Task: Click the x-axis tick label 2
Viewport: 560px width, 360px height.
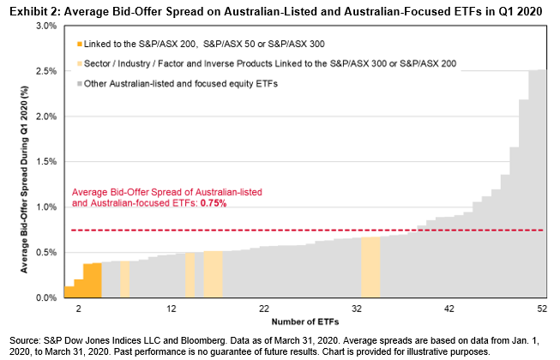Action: click(x=79, y=307)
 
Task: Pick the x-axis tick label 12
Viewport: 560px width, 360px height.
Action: click(x=172, y=307)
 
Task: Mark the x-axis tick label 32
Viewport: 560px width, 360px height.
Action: click(x=357, y=307)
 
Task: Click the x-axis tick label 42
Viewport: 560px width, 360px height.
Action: click(x=449, y=307)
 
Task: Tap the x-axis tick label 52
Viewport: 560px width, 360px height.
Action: click(x=541, y=307)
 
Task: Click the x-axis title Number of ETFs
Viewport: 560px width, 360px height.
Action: click(x=304, y=321)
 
